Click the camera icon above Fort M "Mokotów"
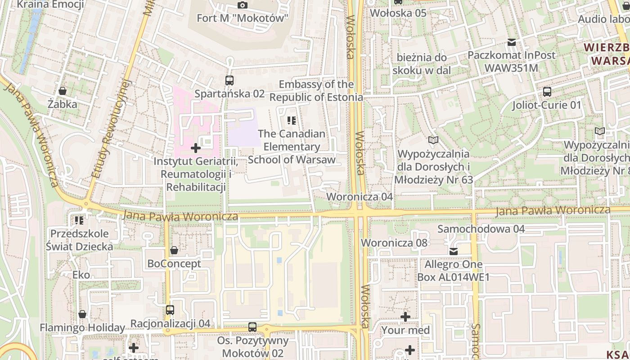[x=243, y=5]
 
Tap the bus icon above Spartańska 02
[x=229, y=81]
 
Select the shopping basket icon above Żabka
[x=63, y=91]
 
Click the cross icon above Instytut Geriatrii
[x=196, y=148]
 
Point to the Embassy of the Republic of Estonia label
[x=316, y=91]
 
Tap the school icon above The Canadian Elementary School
[x=292, y=120]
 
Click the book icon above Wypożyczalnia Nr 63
[x=433, y=140]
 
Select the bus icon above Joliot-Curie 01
[x=547, y=92]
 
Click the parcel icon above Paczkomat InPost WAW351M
[x=511, y=42]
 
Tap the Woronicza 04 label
[x=360, y=197]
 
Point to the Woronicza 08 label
[x=394, y=243]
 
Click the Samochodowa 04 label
[x=481, y=229]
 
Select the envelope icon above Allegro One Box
[x=453, y=251]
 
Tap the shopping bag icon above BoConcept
[x=174, y=250]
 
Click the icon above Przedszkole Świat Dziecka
[x=79, y=220]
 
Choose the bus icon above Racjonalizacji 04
[x=170, y=310]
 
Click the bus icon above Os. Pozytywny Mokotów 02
[x=252, y=327]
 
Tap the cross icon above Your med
[x=405, y=317]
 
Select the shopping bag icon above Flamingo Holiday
[x=82, y=314]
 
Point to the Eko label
[x=81, y=274]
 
